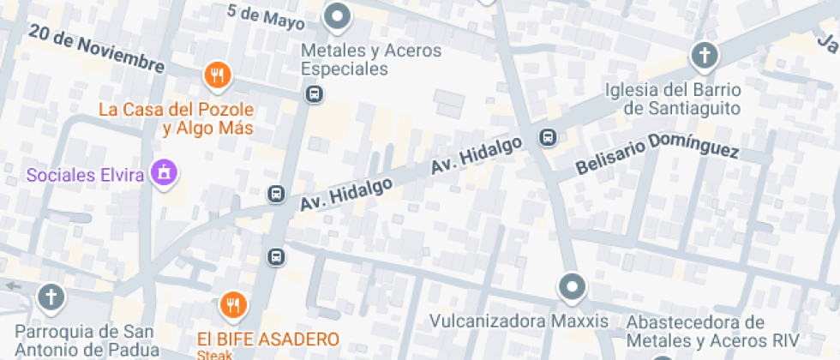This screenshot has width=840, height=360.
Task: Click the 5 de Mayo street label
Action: [267, 15]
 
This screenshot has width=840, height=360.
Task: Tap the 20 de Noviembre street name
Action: [95, 48]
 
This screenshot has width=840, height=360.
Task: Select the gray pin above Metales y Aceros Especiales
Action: [339, 17]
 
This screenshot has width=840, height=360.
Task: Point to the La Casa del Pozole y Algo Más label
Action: [177, 119]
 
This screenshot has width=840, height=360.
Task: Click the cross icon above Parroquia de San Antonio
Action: [51, 298]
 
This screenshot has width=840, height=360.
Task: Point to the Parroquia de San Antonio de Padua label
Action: [87, 340]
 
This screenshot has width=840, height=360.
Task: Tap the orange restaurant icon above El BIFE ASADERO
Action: [232, 303]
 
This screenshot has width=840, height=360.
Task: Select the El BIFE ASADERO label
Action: [268, 339]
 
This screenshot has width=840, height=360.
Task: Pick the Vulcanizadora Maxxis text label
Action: [519, 321]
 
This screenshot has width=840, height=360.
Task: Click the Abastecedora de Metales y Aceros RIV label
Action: [695, 333]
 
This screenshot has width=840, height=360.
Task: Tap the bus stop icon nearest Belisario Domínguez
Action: [547, 137]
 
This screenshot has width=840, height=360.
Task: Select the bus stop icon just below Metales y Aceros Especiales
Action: [315, 93]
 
